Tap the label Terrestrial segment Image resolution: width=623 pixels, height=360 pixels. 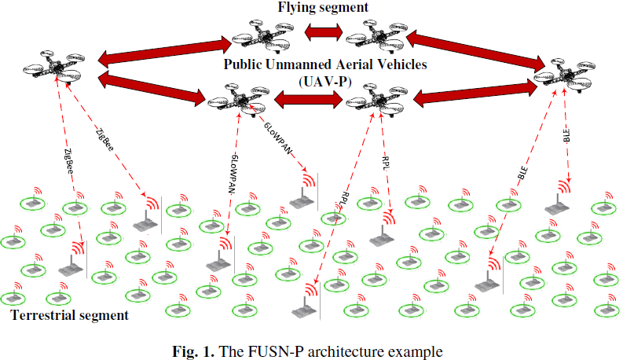(x=69, y=316)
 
